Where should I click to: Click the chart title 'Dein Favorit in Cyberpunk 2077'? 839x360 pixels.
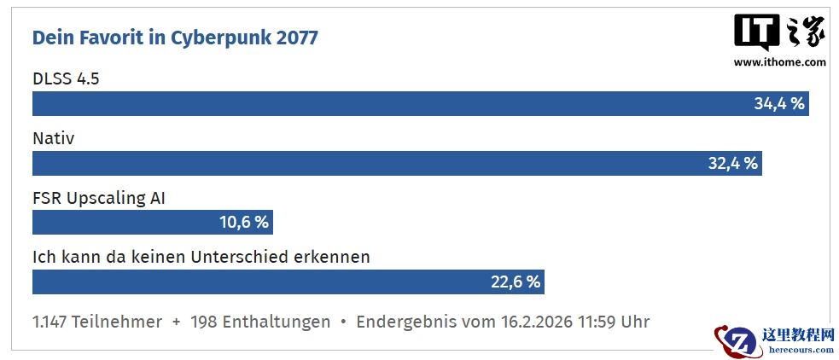175,38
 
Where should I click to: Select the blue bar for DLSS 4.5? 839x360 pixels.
384,104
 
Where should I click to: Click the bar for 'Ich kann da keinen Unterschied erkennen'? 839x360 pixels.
256,282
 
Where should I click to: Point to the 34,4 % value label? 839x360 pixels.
778,104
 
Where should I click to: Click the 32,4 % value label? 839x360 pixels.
732,164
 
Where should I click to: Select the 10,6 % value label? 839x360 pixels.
244,223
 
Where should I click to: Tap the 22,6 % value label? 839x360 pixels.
516,282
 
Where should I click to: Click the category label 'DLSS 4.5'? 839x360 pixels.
66,78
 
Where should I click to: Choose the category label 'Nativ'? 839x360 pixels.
53,138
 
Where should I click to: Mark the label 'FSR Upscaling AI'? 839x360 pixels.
98,198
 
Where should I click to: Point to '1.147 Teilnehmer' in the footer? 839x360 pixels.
97,322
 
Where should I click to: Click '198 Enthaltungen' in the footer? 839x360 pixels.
260,322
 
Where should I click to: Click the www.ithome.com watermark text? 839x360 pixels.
779,61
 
